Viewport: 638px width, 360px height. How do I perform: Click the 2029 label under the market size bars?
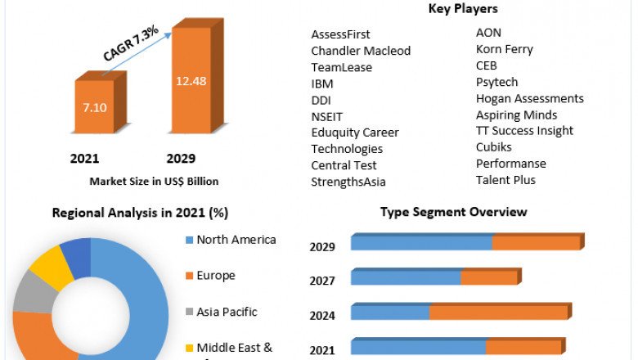click(x=181, y=159)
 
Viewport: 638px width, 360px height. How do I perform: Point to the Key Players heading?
click(x=463, y=9)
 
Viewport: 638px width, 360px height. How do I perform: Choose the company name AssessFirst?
click(x=340, y=34)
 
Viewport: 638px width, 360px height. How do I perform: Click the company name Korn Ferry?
click(x=504, y=49)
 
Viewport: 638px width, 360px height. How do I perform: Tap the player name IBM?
click(x=322, y=83)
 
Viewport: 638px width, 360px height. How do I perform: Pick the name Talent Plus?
click(x=505, y=180)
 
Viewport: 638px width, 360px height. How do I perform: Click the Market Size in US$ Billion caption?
click(x=155, y=182)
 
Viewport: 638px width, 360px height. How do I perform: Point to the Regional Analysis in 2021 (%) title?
click(x=140, y=213)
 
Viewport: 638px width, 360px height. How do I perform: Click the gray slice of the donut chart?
click(x=34, y=293)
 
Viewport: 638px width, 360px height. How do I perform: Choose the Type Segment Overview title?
click(x=453, y=212)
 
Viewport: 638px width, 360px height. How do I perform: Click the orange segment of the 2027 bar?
click(x=489, y=278)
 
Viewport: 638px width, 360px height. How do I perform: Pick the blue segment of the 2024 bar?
click(x=390, y=313)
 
